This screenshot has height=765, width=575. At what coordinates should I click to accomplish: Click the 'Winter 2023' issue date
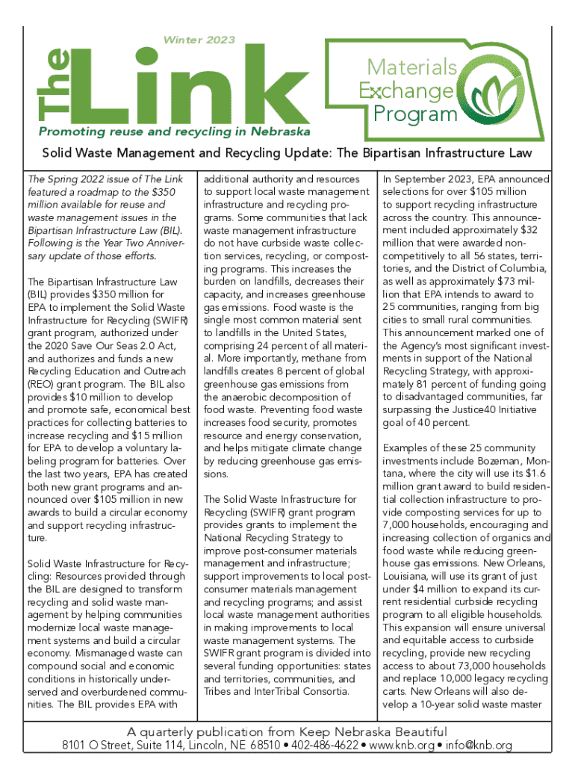coord(199,40)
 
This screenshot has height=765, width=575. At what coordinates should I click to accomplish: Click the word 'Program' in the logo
coord(414,114)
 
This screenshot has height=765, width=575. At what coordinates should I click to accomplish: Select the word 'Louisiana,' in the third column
coord(408,576)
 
